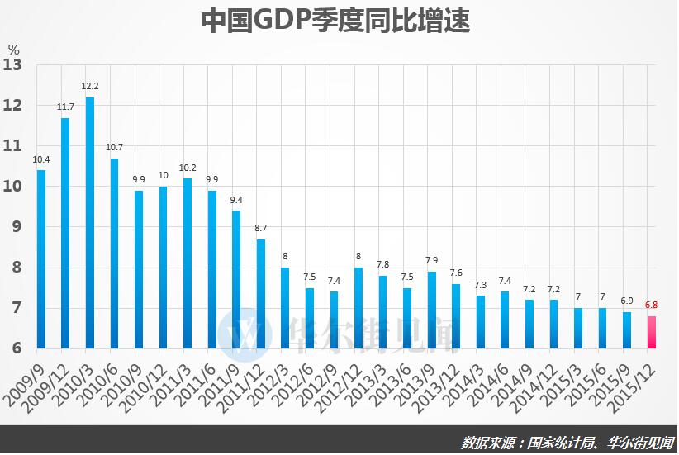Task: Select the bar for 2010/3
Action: pos(90,223)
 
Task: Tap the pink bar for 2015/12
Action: pos(652,332)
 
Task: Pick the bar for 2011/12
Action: pos(261,293)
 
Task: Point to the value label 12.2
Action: pos(90,86)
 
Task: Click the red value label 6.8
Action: pos(652,305)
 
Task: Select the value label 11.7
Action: pos(65,107)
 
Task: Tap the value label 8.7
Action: pos(261,228)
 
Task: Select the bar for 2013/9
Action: pos(432,310)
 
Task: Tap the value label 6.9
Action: pos(627,301)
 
